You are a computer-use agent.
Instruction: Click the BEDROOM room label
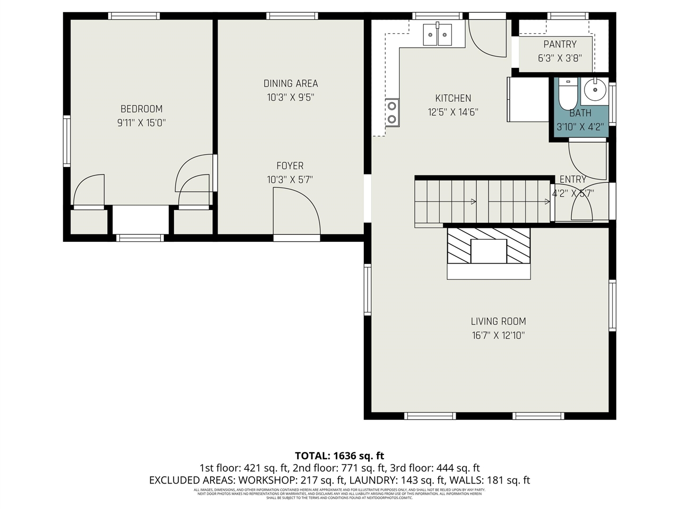141,109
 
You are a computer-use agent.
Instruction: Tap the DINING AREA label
291,83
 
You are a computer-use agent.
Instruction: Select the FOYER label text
290,166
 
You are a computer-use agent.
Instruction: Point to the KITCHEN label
453,98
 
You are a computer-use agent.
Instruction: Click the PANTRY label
560,45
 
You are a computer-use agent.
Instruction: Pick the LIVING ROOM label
498,321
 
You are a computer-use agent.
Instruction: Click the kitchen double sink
437,35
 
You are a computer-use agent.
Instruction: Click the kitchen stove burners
392,112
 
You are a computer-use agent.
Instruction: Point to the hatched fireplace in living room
489,246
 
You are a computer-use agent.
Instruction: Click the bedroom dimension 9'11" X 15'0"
141,123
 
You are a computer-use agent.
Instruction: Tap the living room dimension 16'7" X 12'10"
498,336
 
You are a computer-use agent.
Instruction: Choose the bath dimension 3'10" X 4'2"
580,127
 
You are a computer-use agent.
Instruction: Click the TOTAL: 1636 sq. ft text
339,455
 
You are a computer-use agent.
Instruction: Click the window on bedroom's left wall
67,142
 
